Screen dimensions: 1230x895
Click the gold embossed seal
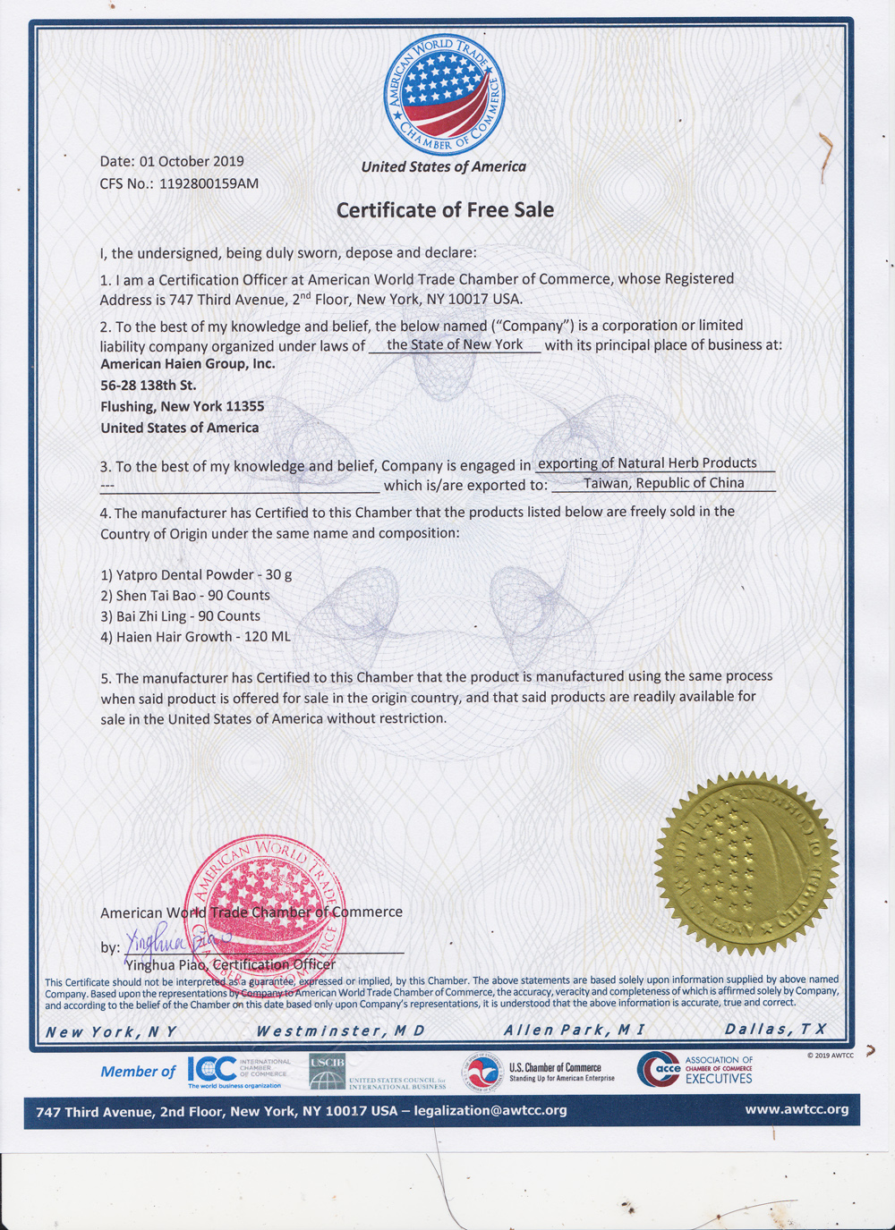pos(746,862)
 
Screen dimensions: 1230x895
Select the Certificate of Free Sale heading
pos(445,210)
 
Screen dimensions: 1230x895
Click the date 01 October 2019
pos(192,162)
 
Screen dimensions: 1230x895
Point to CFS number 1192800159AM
pos(209,184)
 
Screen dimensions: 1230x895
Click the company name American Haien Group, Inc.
pos(188,364)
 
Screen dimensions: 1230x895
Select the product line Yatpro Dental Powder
pos(196,575)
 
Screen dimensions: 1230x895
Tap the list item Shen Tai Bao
pos(185,596)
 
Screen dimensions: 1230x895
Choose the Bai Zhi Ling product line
pos(180,616)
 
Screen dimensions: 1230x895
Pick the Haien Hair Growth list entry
pos(195,637)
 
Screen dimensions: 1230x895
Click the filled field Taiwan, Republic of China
pos(663,483)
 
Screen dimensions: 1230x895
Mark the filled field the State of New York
pos(455,344)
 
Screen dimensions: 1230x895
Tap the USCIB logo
pos(328,1070)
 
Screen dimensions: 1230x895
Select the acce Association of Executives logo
pos(695,1070)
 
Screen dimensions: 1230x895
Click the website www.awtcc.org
pos(797,1109)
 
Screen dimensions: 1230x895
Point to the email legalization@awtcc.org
pos(490,1110)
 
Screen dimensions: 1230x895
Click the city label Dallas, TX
pos(775,1030)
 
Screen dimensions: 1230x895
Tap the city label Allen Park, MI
pos(574,1031)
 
